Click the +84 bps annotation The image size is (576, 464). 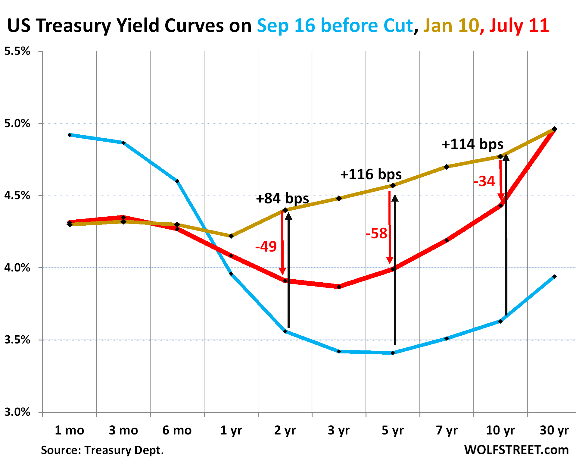coord(282,199)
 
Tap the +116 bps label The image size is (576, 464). coord(371,174)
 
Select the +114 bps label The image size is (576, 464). coord(472,144)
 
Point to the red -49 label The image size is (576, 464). coord(266,246)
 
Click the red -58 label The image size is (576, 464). coord(376,234)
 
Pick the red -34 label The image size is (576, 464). coord(484,181)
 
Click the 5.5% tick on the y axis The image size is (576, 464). coord(17,51)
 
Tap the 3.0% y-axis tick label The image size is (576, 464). coord(17,412)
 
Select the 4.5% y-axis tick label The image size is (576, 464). coord(17,196)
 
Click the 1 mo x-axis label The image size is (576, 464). coord(69,430)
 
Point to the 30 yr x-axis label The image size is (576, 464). coord(554,430)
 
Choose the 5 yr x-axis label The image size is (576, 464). coord(393,430)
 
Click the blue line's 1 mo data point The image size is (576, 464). coord(70,135)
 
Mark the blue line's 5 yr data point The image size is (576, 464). coord(393,353)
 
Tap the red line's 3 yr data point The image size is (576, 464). coord(339,287)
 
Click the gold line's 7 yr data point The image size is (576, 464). coord(447,167)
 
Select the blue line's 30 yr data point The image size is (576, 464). coord(554,277)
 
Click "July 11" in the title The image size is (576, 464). coord(519,25)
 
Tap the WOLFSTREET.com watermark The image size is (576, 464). coord(516,450)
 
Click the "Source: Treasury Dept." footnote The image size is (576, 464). coord(102,450)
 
